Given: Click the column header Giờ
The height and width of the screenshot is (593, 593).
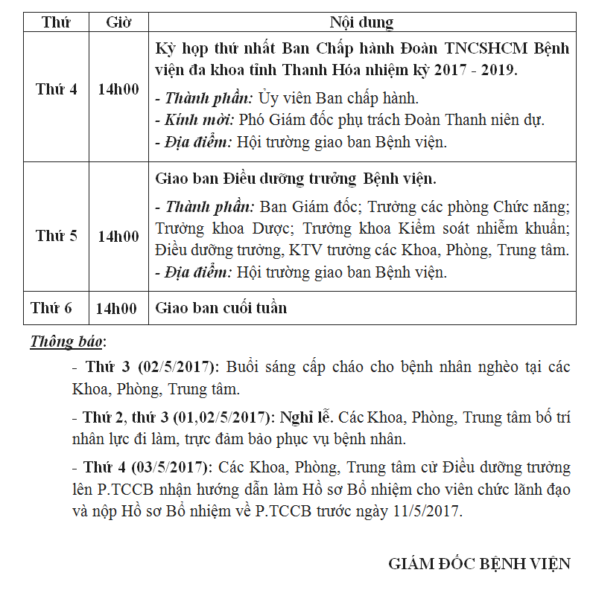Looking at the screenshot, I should coord(118,22).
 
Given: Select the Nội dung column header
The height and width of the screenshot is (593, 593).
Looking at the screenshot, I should coord(362,22).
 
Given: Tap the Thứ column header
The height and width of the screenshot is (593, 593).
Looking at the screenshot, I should coord(56,22).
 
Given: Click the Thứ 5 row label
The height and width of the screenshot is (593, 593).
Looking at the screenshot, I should coord(56,237).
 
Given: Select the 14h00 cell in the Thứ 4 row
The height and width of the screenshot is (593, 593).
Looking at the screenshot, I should coord(118,89).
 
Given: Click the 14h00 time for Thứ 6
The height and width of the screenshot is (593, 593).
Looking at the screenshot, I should coord(116,308).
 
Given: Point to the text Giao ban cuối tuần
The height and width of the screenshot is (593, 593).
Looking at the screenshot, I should coord(221,308).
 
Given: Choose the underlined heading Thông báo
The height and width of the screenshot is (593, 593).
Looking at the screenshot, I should coord(66,342).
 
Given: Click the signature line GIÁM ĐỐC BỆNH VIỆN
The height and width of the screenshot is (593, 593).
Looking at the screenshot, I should coord(479,563).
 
